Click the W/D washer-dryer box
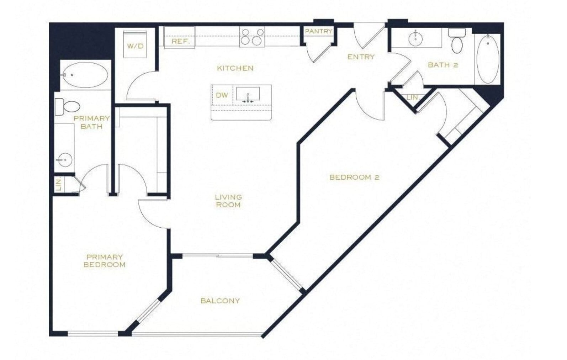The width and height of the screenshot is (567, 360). (x=136, y=45)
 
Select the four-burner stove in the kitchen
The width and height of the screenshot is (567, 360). (x=252, y=37)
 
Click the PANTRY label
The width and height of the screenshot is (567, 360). (x=318, y=31)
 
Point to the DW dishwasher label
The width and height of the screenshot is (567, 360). (x=222, y=95)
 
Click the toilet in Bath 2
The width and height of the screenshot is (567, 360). (x=457, y=42)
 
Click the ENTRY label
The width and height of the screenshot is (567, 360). (x=361, y=57)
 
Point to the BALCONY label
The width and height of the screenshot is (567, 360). (x=220, y=301)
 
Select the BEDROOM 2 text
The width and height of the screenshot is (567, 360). (x=354, y=177)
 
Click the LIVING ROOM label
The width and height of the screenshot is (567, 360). (x=228, y=201)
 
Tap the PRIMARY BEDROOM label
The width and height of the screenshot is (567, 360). (x=104, y=261)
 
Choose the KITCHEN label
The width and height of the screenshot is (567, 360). (x=235, y=68)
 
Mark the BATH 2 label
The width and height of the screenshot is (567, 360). (x=443, y=65)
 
